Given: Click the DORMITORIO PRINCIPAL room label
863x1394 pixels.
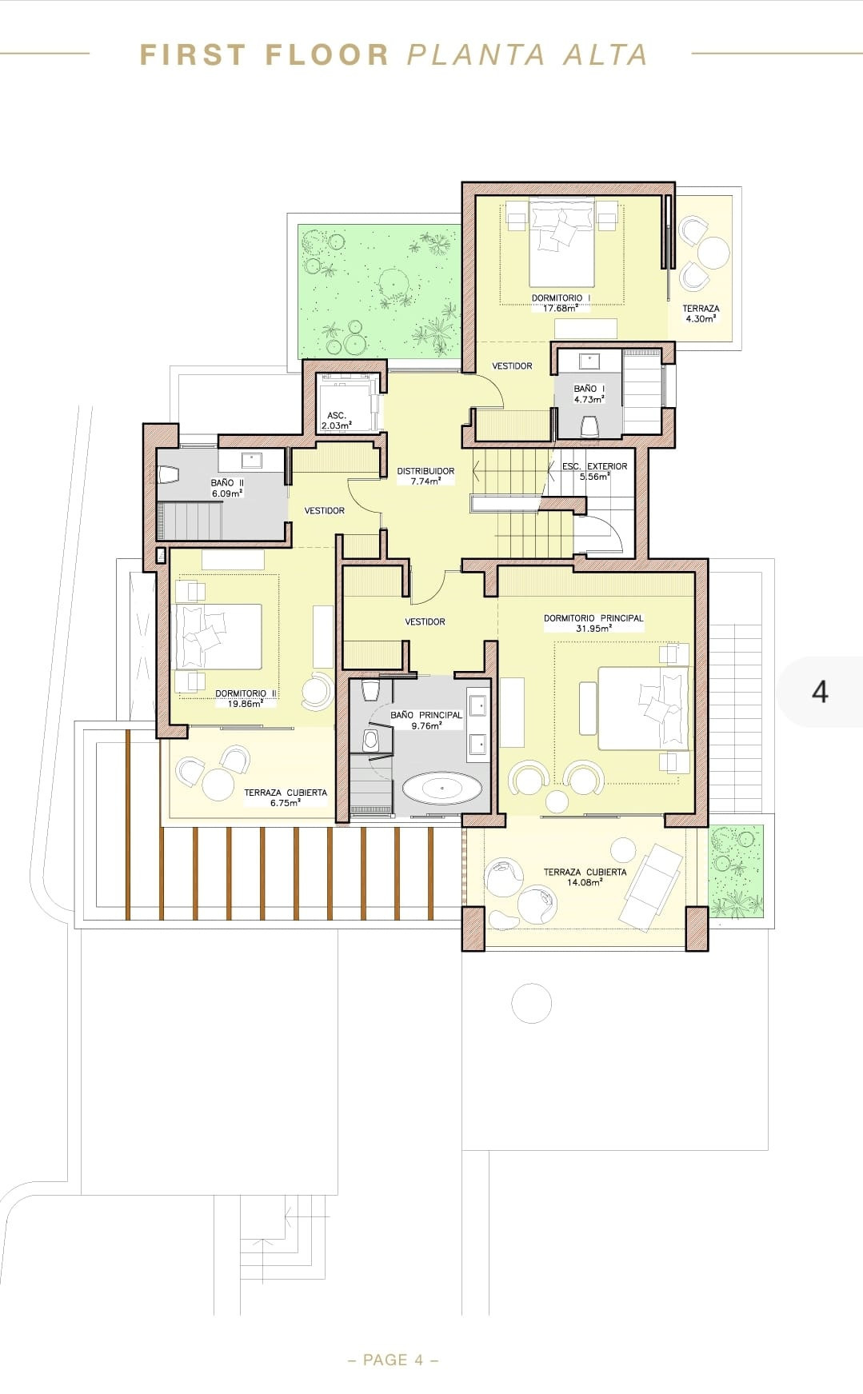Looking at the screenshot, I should [593, 618].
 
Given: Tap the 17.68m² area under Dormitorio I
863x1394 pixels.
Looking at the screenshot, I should [560, 308].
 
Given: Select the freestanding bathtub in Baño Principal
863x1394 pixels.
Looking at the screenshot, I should [442, 789].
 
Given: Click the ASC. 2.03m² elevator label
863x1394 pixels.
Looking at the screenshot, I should [337, 421].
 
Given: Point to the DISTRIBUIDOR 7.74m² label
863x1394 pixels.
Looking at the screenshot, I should [426, 477].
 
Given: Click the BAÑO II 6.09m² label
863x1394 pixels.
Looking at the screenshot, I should [227, 488].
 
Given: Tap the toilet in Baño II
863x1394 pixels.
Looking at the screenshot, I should [169, 475].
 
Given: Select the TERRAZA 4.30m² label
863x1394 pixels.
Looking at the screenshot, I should [701, 313].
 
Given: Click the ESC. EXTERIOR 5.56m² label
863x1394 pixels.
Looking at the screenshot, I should [594, 471].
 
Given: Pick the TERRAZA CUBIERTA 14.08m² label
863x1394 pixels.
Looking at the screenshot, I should [585, 877].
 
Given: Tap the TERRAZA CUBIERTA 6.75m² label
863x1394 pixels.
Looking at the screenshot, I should [286, 797].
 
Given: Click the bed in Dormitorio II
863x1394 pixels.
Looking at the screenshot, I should [218, 637].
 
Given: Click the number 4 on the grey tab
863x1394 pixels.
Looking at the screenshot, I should [820, 691].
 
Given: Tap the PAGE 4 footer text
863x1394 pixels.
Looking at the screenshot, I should [394, 1360].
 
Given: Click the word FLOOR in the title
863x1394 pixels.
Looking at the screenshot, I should [326, 55].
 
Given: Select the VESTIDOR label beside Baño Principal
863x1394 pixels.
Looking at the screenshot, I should [425, 621].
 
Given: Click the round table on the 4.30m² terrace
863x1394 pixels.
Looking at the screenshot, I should [713, 254].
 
